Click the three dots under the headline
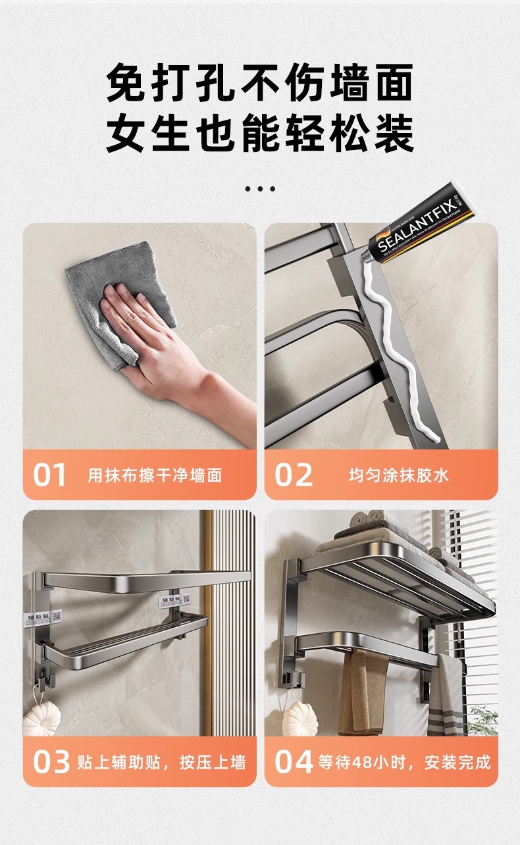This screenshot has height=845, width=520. coord(260,189)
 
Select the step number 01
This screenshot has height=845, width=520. coord(50,475)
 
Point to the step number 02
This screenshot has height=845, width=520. coord(294,475)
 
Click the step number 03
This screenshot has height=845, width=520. coord(51,762)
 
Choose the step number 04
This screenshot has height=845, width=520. coord(294,762)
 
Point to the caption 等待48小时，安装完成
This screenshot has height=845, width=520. coord(404,763)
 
